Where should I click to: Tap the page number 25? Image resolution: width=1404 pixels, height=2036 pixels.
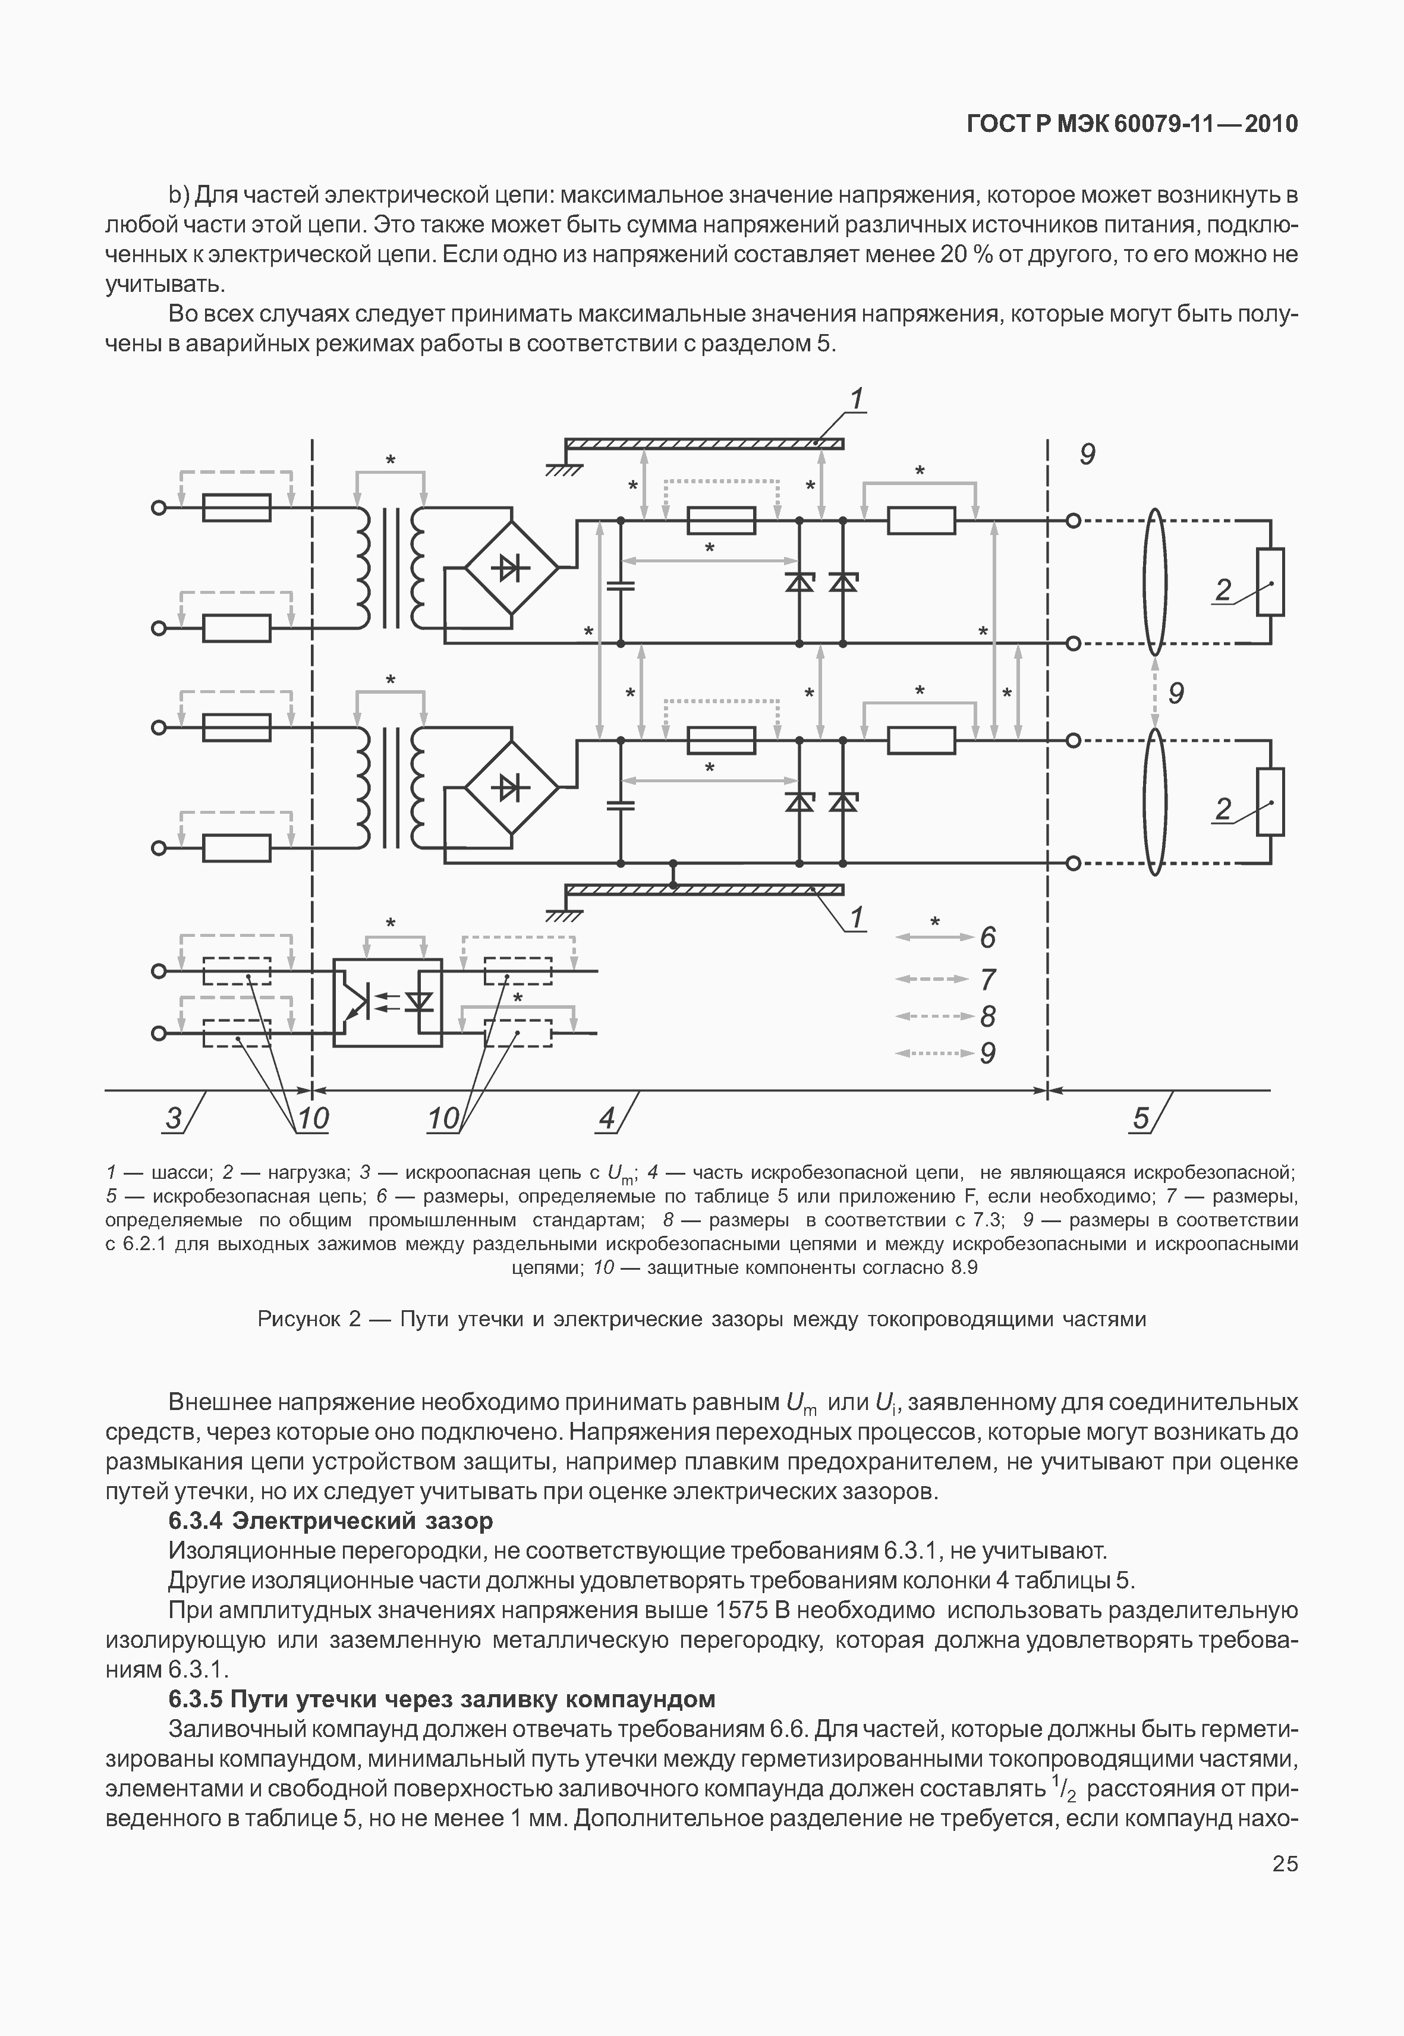click(1285, 1864)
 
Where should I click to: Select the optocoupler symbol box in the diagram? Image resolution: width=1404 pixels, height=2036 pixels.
click(387, 1002)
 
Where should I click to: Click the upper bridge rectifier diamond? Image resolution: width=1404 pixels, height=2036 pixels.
click(510, 568)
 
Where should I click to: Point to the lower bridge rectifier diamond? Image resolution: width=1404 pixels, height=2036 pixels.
click(510, 788)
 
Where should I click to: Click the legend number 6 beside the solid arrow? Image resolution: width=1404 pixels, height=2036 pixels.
click(988, 938)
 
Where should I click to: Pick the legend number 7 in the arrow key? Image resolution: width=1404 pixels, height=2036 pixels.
click(988, 979)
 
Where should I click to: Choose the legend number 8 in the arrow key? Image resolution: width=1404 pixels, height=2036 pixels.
click(988, 1017)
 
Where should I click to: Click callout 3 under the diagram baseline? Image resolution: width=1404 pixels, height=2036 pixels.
click(174, 1118)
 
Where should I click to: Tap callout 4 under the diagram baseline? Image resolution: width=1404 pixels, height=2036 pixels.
click(607, 1118)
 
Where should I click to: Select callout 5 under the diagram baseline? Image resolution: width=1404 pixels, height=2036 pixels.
click(1141, 1118)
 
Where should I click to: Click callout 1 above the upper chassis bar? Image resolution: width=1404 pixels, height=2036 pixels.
click(856, 399)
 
